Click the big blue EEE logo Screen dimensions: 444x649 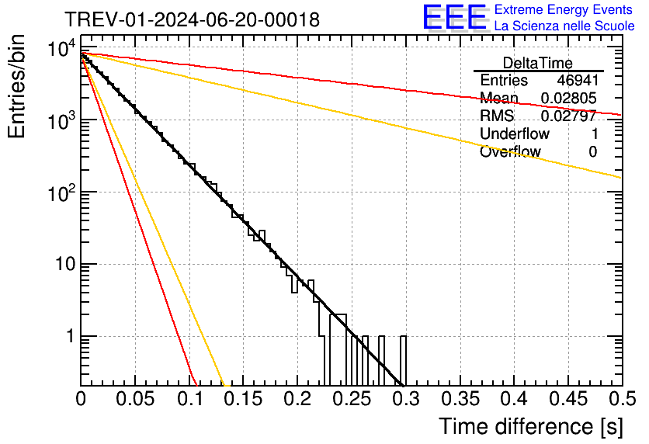click(x=454, y=17)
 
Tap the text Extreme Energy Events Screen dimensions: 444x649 click(x=564, y=10)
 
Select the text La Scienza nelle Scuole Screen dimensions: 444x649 click(x=564, y=26)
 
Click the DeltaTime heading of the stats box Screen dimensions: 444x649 click(x=538, y=63)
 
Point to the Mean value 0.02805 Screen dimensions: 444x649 click(x=568, y=99)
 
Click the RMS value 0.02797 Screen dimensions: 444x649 click(x=568, y=116)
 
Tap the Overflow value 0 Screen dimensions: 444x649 click(x=592, y=152)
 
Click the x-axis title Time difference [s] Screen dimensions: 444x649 click(x=529, y=425)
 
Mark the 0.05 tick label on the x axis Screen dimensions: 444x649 click(x=135, y=399)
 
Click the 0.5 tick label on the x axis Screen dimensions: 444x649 click(x=621, y=399)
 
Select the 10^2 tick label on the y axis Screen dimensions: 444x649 click(x=60, y=193)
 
